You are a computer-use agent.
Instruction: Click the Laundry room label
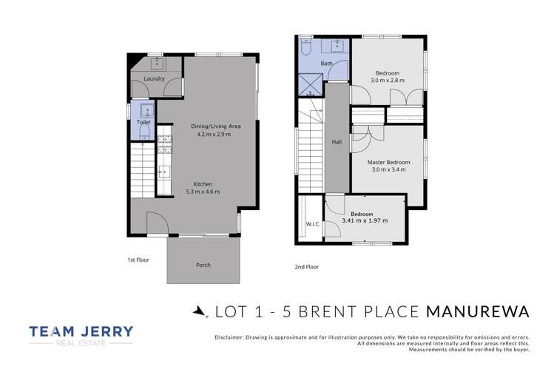154,78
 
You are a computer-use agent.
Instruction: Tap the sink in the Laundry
154,64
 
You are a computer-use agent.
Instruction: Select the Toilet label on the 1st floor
143,122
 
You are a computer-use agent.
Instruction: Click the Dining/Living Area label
214,126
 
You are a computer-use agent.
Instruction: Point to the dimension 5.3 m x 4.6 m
203,192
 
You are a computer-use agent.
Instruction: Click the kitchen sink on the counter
163,175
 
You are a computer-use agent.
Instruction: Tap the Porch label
203,264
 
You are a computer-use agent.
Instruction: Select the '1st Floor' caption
138,260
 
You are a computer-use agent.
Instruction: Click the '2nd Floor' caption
306,266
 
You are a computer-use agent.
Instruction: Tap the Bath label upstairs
326,64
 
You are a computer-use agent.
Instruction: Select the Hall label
337,142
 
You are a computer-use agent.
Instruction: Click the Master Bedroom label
388,162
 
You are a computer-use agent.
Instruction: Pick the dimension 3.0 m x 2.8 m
387,81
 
